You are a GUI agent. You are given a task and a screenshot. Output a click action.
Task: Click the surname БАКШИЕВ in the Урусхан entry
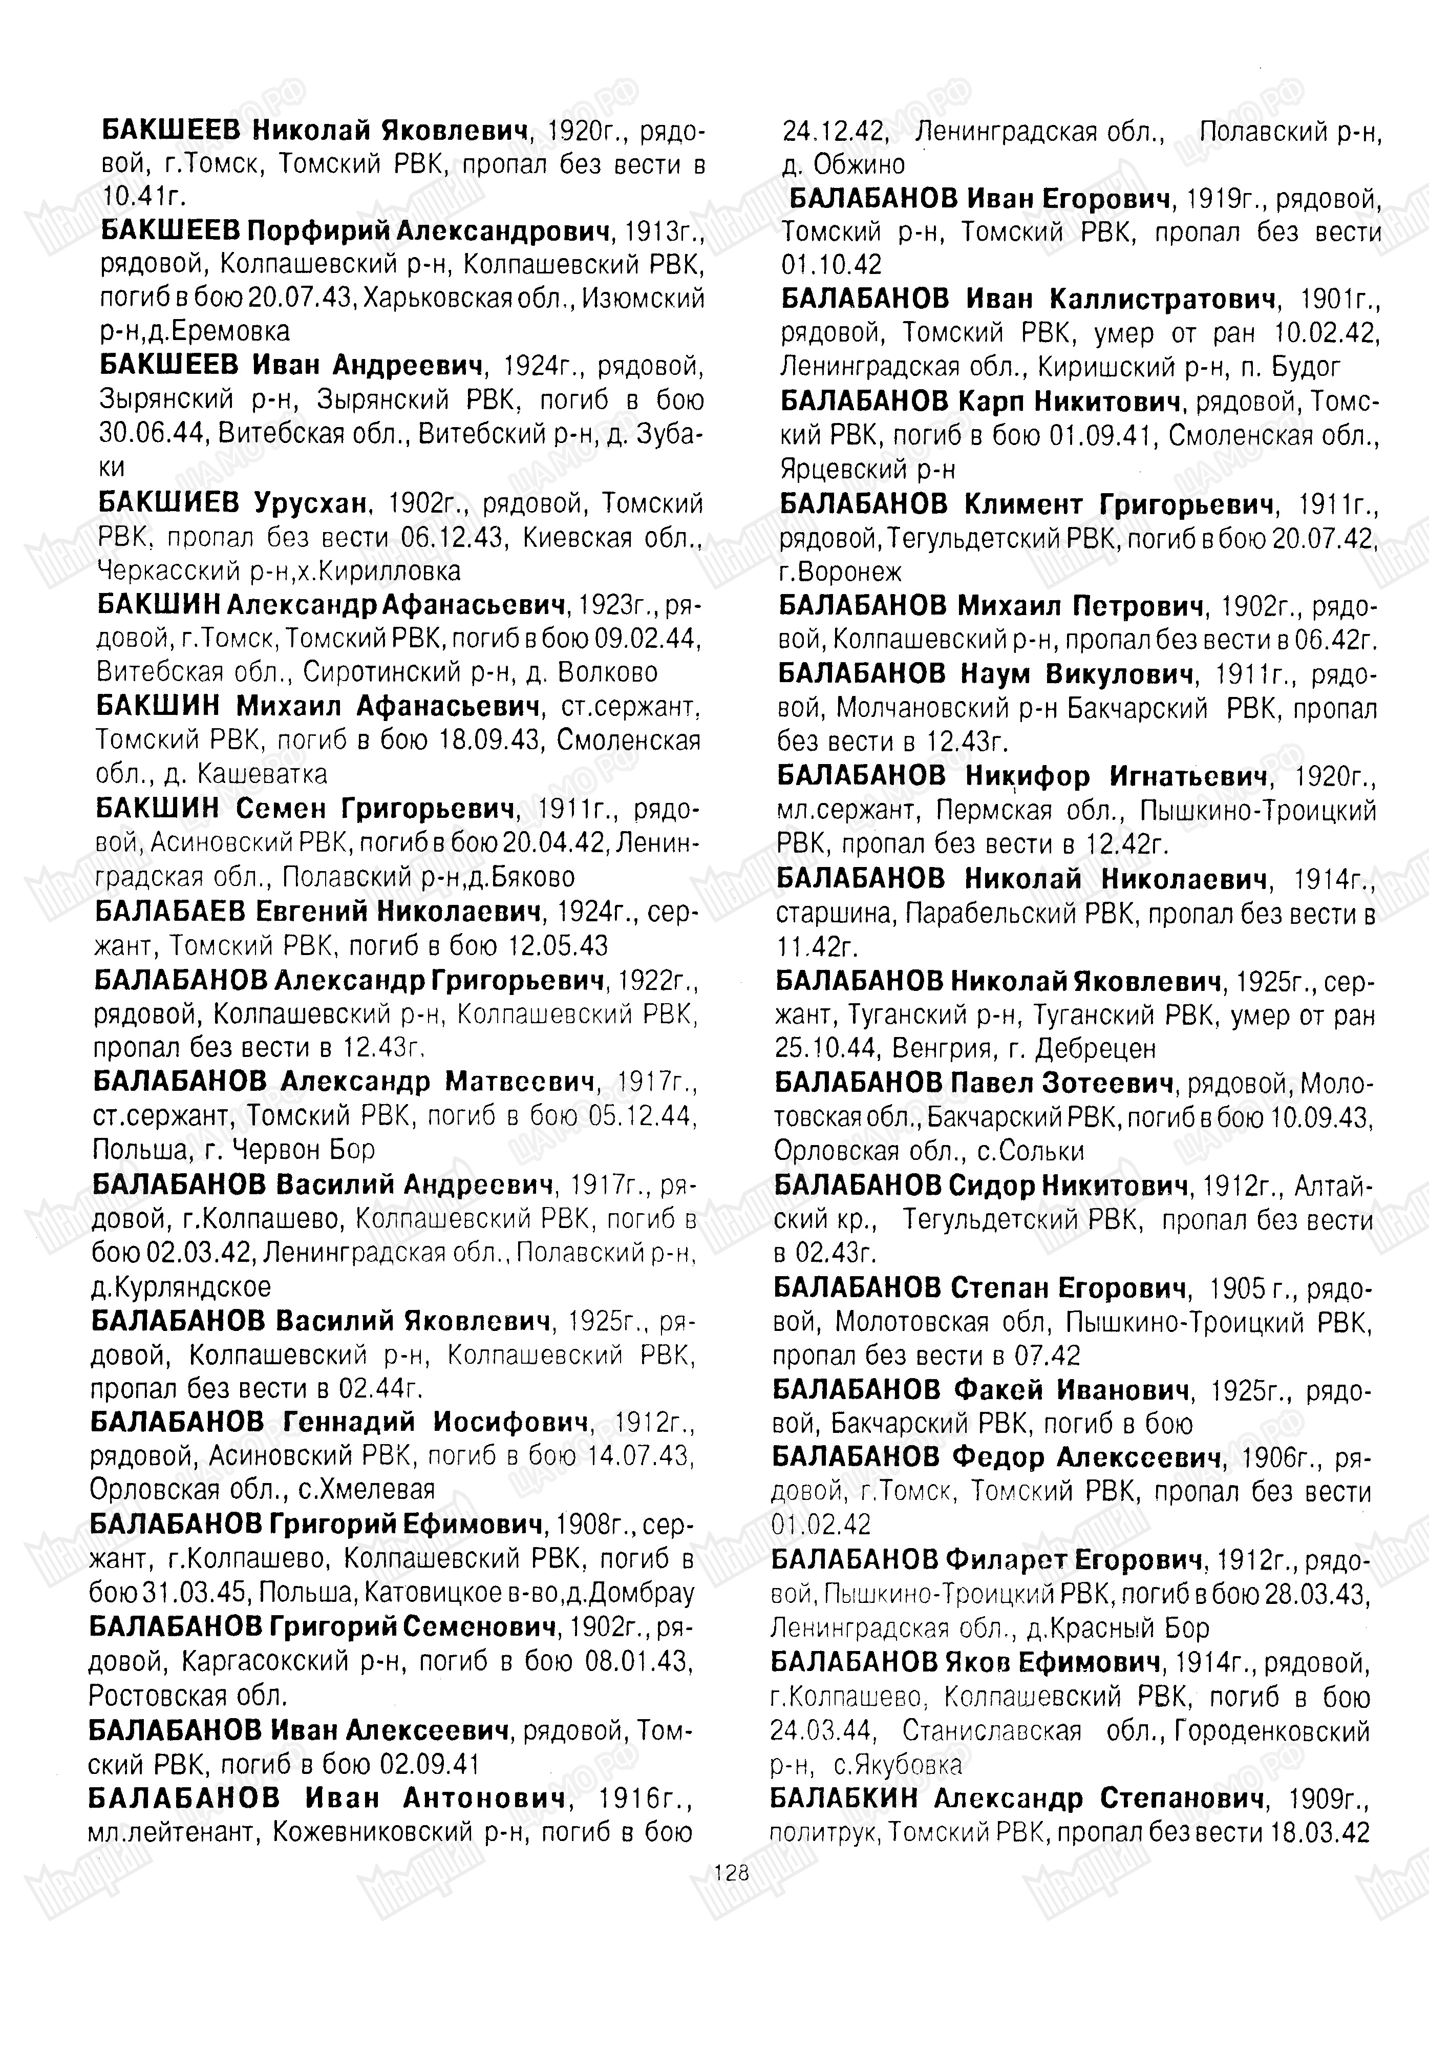170,504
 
